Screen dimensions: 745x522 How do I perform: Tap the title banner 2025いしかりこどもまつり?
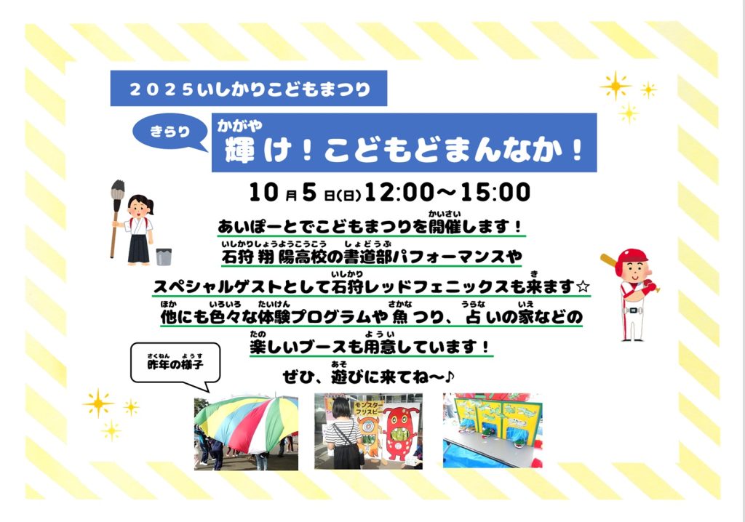249,89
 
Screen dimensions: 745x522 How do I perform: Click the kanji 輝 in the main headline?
240,149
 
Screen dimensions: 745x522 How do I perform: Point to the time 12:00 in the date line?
399,193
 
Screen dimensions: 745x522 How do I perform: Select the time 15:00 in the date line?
495,193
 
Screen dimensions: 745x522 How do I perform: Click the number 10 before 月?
263,193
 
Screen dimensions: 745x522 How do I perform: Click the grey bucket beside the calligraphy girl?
164,257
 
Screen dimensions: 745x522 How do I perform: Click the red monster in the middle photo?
401,433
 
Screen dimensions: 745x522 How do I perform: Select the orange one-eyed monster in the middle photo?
369,433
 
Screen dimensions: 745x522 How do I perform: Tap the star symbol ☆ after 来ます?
583,287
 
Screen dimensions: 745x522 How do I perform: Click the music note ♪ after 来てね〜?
450,377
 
